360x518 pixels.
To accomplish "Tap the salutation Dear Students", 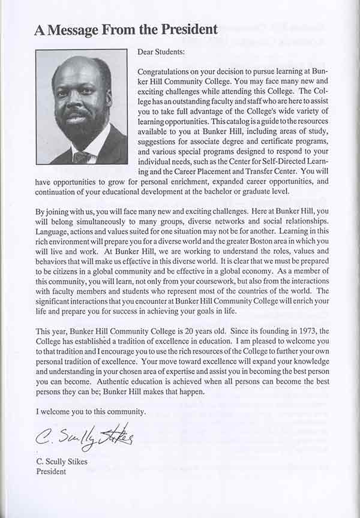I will click(x=161, y=53).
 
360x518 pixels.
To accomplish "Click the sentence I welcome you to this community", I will click(x=91, y=411).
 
